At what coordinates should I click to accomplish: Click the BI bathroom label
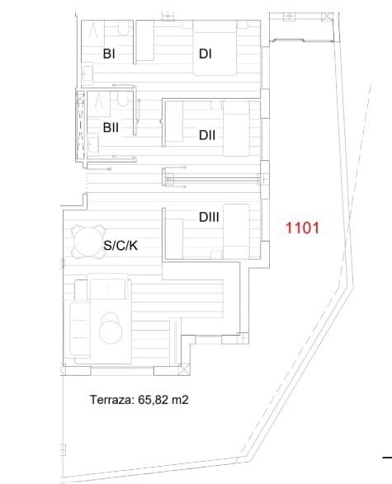(x=109, y=54)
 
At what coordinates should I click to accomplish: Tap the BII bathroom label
(x=111, y=127)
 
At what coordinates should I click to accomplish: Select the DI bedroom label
(x=205, y=54)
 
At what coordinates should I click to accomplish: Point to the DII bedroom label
(x=207, y=135)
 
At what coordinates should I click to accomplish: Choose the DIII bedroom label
(x=209, y=217)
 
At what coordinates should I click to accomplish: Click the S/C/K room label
(x=120, y=246)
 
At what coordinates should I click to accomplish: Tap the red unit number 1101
(x=302, y=228)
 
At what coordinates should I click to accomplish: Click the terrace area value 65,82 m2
(x=163, y=400)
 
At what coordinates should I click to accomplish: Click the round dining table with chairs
(x=88, y=242)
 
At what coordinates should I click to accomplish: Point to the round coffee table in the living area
(x=110, y=329)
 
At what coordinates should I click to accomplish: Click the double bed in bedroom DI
(x=215, y=48)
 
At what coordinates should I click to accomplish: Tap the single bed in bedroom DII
(x=236, y=129)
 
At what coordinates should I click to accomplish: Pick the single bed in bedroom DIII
(x=236, y=231)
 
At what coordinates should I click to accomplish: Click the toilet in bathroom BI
(x=124, y=27)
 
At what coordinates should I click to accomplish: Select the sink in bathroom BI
(x=87, y=74)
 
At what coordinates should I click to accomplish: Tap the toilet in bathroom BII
(x=123, y=99)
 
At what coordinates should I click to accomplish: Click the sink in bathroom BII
(x=93, y=144)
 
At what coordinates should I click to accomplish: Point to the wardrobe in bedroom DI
(x=145, y=40)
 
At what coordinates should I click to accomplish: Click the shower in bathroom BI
(x=93, y=31)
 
